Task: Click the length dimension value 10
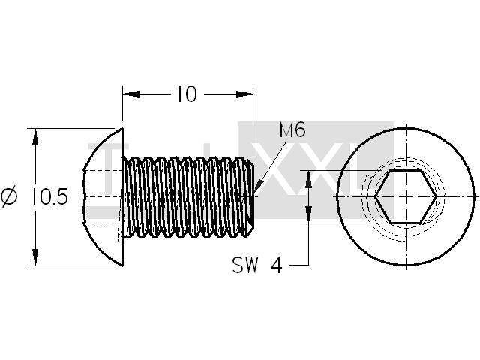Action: point(187,94)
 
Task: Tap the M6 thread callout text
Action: point(292,130)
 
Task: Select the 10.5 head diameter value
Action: point(49,196)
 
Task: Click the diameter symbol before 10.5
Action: point(9,197)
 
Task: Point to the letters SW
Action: point(245,265)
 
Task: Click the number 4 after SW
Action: point(277,265)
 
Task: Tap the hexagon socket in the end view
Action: point(406,196)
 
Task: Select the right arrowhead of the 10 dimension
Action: point(244,94)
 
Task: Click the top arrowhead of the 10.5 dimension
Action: point(35,136)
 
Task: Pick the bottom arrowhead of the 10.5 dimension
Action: point(35,257)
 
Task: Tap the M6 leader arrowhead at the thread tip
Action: point(257,187)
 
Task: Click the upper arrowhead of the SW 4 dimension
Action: point(308,179)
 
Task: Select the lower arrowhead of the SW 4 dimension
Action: point(308,214)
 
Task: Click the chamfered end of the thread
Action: point(251,196)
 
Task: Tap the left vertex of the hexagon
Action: point(374,196)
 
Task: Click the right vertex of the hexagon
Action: point(436,196)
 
